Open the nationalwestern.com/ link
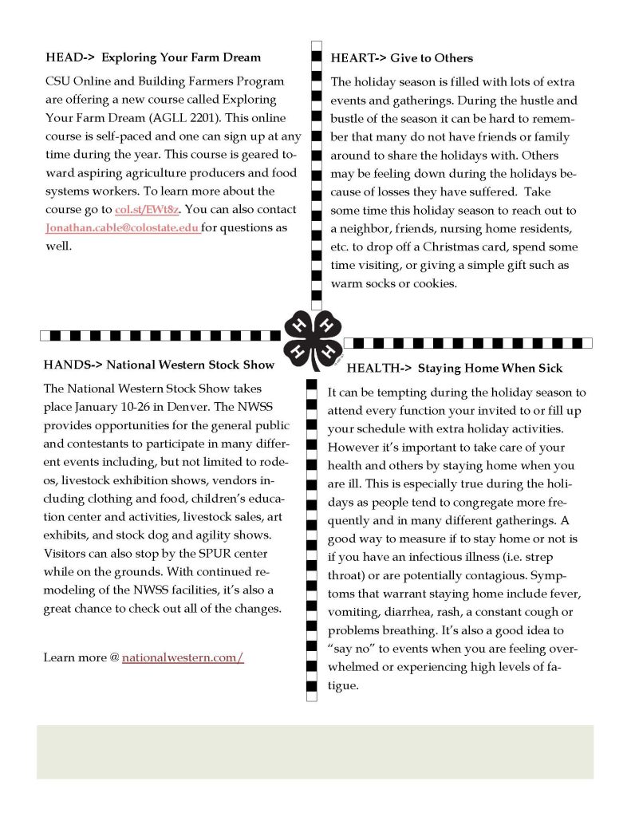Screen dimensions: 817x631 click(183, 658)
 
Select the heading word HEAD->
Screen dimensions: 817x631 click(70, 57)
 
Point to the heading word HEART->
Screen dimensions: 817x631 click(358, 57)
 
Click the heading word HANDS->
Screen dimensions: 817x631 click(72, 365)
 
